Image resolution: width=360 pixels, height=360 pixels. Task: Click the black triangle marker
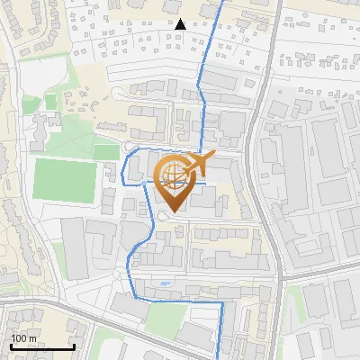(x=181, y=23)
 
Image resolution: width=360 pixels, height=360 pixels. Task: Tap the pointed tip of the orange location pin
(x=171, y=212)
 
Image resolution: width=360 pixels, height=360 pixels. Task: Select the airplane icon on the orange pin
(x=197, y=165)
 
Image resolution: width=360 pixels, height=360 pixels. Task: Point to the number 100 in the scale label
(x=20, y=338)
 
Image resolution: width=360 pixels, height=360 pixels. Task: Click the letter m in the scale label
(x=33, y=338)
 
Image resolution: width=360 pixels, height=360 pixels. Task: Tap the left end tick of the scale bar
(x=12, y=346)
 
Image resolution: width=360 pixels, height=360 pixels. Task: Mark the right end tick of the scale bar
(x=74, y=346)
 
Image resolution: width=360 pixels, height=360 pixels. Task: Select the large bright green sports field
(x=64, y=180)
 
